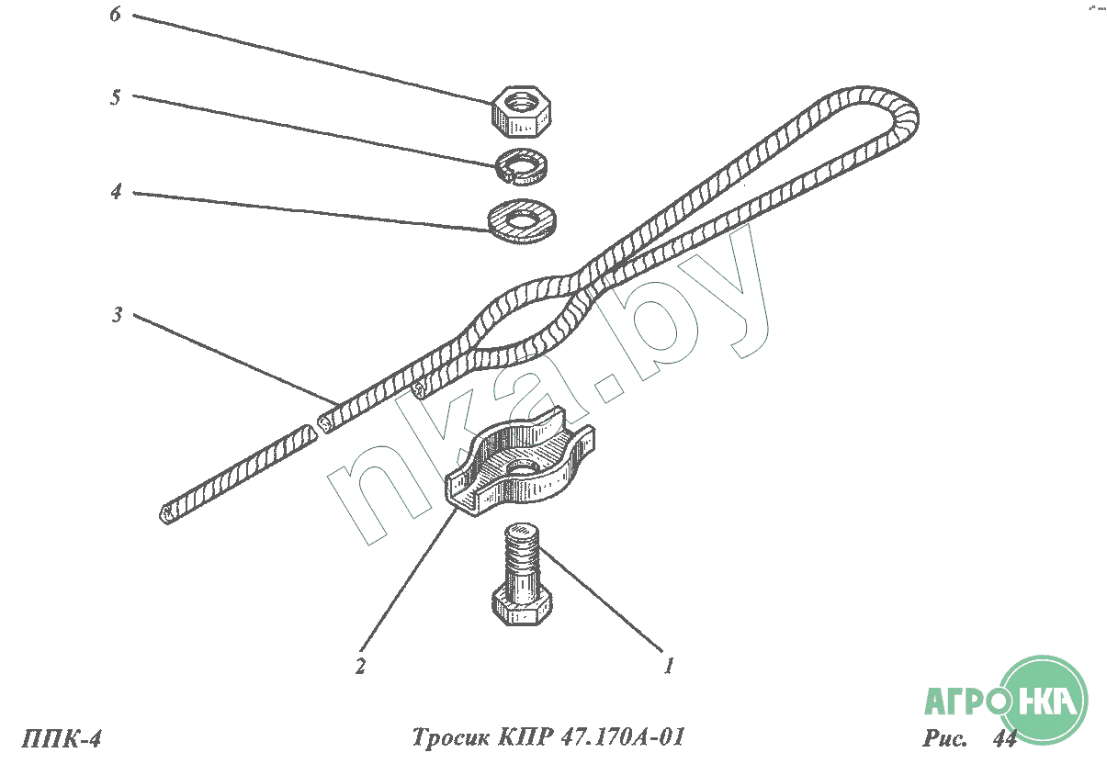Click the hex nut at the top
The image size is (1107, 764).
coord(521,109)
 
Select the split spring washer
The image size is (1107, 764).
coord(521,166)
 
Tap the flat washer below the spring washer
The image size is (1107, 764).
coord(522,217)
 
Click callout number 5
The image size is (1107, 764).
coord(116,98)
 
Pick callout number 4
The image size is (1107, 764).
coord(116,193)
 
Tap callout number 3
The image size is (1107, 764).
coord(117,316)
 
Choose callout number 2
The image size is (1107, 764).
coord(361,666)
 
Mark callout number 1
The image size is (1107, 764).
coord(670,666)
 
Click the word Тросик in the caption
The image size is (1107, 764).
coord(450,738)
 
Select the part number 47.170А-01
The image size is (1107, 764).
coord(627,738)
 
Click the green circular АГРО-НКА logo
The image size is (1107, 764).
coord(1042,701)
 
